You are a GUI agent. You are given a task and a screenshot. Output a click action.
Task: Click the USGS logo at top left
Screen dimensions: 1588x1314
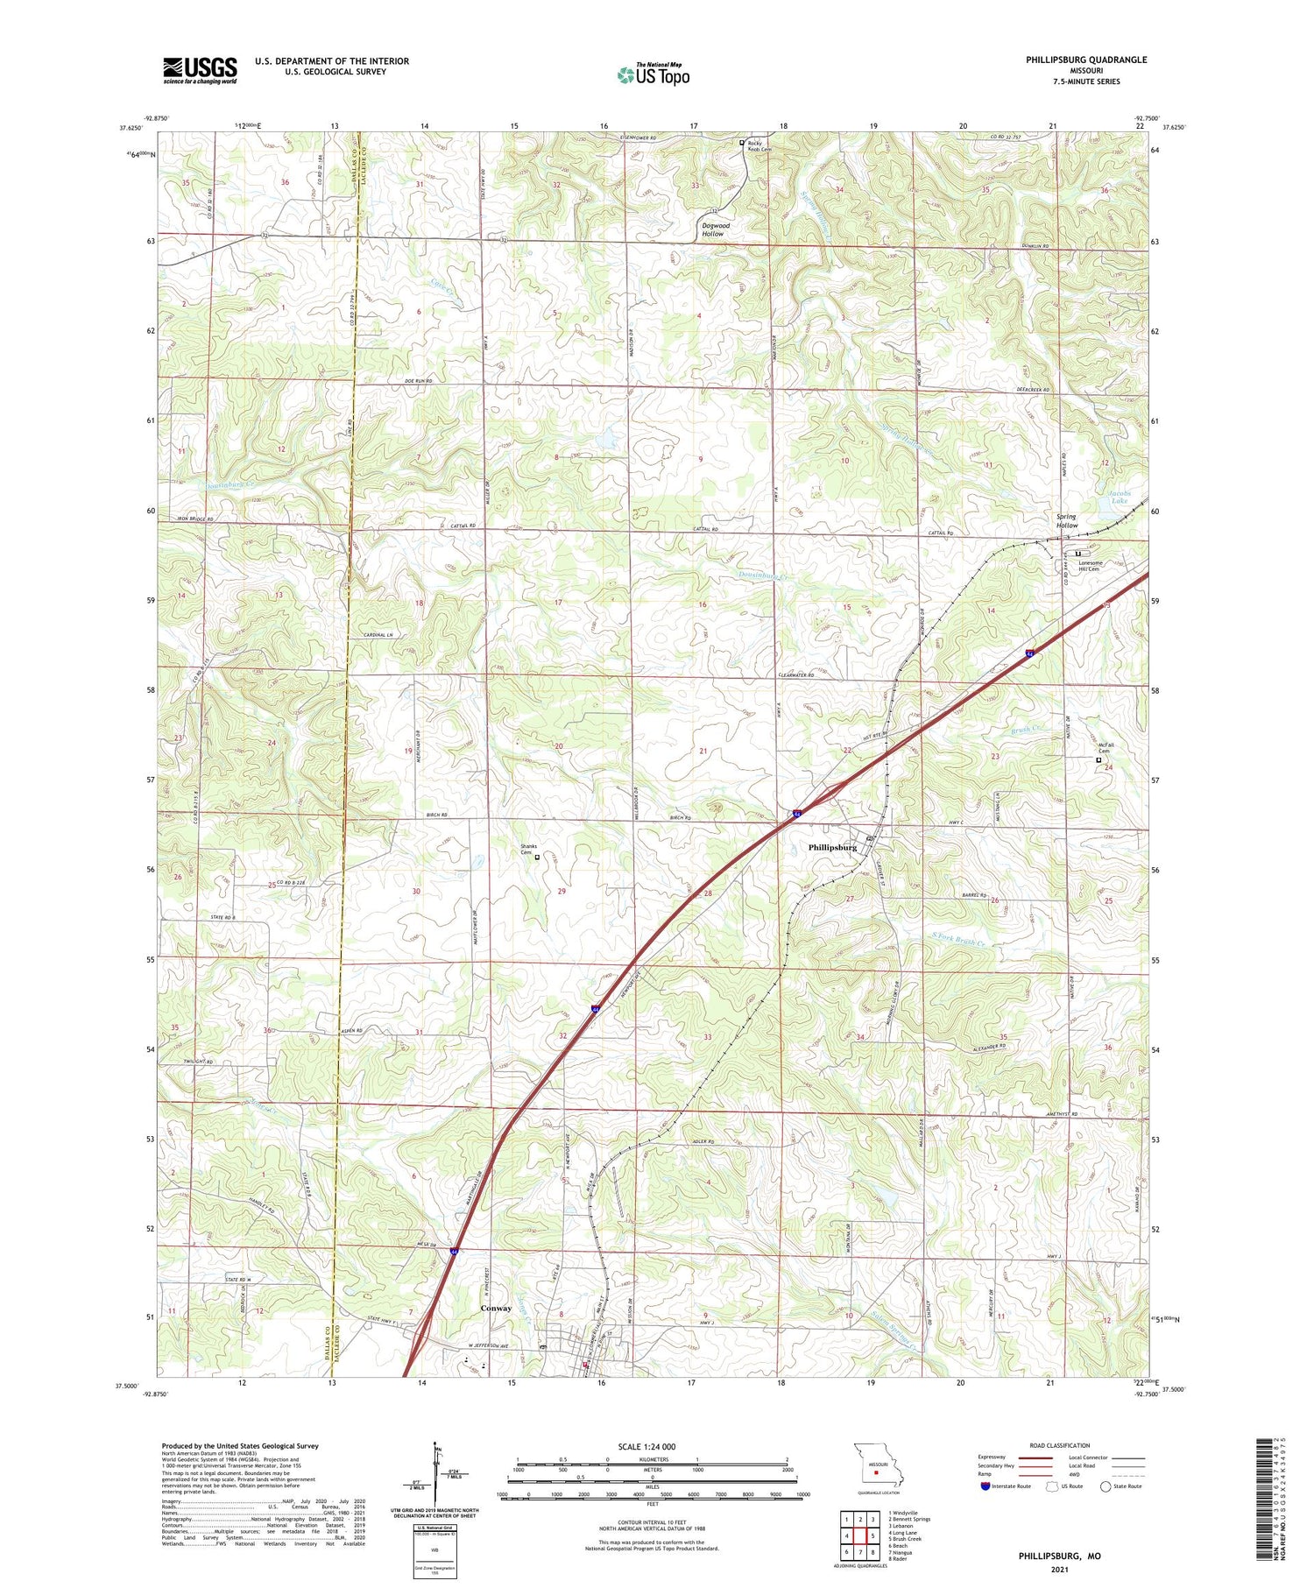200,70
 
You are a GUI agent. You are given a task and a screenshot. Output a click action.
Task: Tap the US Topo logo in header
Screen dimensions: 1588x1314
653,75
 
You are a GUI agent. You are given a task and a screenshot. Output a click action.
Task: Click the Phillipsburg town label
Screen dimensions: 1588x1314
832,847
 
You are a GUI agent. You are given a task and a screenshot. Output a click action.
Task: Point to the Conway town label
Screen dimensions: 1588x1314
496,1308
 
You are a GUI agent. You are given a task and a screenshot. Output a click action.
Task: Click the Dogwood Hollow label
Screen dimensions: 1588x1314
716,229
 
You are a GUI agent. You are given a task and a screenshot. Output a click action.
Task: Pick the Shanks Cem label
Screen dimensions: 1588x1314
527,849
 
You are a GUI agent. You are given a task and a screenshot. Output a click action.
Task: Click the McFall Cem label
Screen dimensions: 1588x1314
1105,748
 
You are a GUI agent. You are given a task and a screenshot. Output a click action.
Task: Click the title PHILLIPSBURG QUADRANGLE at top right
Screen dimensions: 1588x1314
1086,60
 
